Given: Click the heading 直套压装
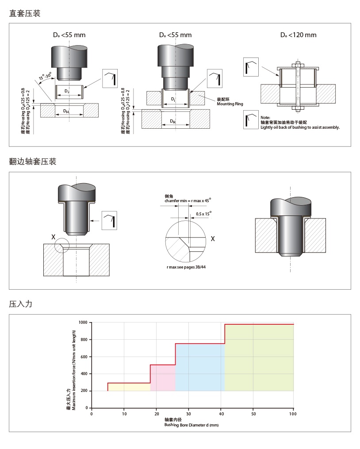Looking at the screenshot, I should (25, 14).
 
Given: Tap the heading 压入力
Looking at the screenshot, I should (21, 304).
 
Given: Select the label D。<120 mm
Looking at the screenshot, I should (298, 35).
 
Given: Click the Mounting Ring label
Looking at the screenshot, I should (230, 104).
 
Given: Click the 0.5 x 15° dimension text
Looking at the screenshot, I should (203, 214).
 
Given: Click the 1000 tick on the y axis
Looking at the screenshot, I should (83, 322).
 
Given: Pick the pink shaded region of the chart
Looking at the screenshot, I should (163, 378).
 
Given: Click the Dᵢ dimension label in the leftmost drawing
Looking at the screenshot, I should (66, 91).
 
